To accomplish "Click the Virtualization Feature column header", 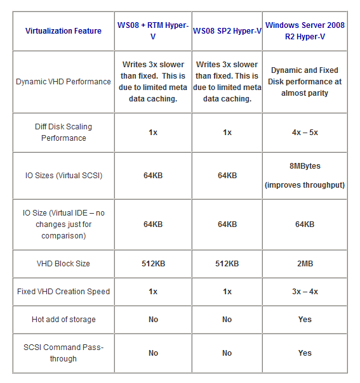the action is pyautogui.click(x=63, y=31).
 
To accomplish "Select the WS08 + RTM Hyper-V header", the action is pyautogui.click(x=153, y=31).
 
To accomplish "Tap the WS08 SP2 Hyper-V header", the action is pyautogui.click(x=227, y=31).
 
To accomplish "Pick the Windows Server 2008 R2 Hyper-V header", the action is pyautogui.click(x=305, y=31).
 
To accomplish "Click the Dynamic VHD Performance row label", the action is pyautogui.click(x=63, y=82).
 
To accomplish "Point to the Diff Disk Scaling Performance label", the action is pyautogui.click(x=63, y=133).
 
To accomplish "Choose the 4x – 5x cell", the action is pyautogui.click(x=305, y=133).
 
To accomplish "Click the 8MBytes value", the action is pyautogui.click(x=305, y=166).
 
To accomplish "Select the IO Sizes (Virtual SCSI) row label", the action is pyautogui.click(x=63, y=176).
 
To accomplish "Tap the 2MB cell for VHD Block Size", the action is pyautogui.click(x=305, y=264).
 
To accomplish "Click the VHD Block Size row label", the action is pyautogui.click(x=63, y=264).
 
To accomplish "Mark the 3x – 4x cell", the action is pyautogui.click(x=305, y=292).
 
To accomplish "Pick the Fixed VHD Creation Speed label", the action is pyautogui.click(x=63, y=292).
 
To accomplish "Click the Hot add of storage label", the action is pyautogui.click(x=63, y=320).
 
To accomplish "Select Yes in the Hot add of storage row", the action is pyautogui.click(x=305, y=320).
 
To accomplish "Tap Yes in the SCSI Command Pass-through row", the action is pyautogui.click(x=305, y=353).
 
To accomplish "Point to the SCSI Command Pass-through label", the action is pyautogui.click(x=63, y=353).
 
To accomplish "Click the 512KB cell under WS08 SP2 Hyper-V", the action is pyautogui.click(x=227, y=264).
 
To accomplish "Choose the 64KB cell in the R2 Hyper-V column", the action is pyautogui.click(x=305, y=224).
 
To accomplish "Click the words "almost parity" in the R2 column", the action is pyautogui.click(x=305, y=93).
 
